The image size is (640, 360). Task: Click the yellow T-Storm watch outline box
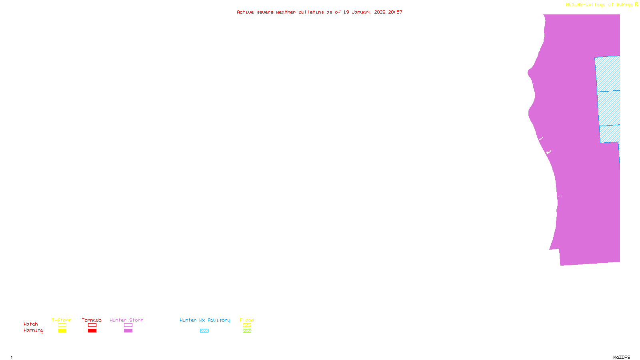click(x=62, y=325)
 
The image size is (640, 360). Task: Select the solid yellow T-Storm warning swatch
click(x=62, y=331)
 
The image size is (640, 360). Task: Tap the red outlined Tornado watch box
click(x=92, y=325)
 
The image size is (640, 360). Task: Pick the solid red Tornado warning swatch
click(x=92, y=331)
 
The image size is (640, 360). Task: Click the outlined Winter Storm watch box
click(x=128, y=325)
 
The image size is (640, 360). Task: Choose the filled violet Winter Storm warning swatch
click(x=128, y=331)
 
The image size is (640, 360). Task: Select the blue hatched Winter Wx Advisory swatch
click(x=204, y=331)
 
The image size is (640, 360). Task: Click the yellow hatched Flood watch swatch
click(x=247, y=325)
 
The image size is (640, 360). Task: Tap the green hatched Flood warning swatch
click(x=247, y=331)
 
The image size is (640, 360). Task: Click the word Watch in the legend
click(x=31, y=324)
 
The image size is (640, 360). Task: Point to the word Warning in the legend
click(x=34, y=330)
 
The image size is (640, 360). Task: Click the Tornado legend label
click(x=92, y=320)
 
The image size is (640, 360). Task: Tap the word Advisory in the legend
click(x=219, y=320)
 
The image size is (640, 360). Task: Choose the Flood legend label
click(x=247, y=320)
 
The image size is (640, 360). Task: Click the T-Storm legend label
click(x=62, y=320)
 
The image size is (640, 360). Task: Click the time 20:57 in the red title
click(x=395, y=12)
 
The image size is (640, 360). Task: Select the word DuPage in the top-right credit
click(x=624, y=5)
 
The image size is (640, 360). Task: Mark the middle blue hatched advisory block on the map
click(x=609, y=108)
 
